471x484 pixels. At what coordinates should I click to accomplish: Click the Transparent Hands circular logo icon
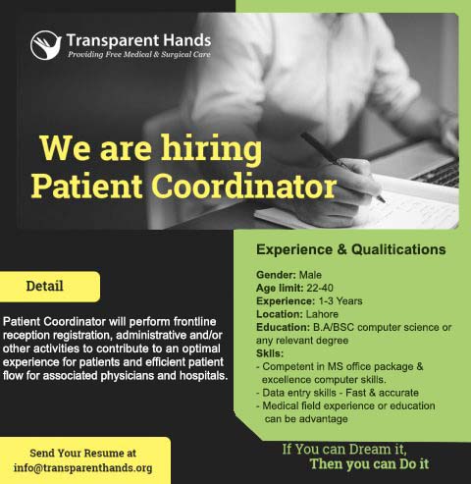click(x=46, y=45)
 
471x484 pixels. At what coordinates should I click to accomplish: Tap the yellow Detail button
click(x=50, y=287)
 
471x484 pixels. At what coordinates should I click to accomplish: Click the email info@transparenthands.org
click(x=82, y=467)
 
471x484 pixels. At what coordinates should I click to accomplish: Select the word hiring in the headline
click(x=211, y=149)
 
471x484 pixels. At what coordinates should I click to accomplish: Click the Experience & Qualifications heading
click(x=351, y=249)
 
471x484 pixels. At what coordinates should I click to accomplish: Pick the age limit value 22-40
click(x=320, y=288)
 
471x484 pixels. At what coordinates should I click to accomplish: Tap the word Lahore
click(x=322, y=314)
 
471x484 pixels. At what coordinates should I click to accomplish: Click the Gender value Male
click(x=310, y=275)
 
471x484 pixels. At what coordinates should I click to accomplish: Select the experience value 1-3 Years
click(x=340, y=301)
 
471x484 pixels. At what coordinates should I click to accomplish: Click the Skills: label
click(x=270, y=353)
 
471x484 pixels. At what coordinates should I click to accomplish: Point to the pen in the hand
click(x=342, y=167)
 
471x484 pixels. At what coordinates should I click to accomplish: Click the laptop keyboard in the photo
click(x=440, y=174)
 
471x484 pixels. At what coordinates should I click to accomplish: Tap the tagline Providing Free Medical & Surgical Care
click(x=139, y=54)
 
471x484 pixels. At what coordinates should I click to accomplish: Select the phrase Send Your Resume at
click(x=82, y=454)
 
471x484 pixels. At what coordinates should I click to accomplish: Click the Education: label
click(x=283, y=327)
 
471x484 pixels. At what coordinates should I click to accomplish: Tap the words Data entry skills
click(x=299, y=393)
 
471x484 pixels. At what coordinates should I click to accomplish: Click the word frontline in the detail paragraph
click(x=194, y=322)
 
